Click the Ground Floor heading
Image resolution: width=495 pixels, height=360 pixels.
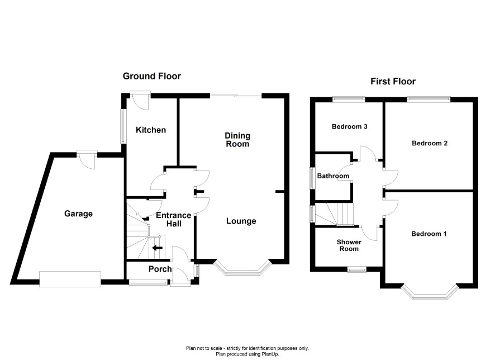(x=151, y=76)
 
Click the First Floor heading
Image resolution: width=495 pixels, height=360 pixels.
(x=393, y=82)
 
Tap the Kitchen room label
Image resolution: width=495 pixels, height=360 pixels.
(x=151, y=130)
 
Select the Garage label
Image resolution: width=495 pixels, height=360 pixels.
(x=78, y=214)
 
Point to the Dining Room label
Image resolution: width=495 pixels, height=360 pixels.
(x=237, y=140)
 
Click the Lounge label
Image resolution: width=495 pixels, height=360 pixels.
(x=241, y=221)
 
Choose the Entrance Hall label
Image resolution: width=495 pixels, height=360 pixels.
(x=174, y=220)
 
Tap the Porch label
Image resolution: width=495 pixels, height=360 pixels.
(x=160, y=269)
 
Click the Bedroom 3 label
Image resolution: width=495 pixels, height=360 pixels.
(x=350, y=127)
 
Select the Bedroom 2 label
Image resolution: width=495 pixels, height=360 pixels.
(x=430, y=143)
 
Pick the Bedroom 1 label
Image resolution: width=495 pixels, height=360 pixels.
(x=429, y=234)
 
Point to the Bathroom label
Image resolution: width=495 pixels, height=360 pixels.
(x=333, y=176)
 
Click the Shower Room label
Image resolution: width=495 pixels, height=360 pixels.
(x=349, y=245)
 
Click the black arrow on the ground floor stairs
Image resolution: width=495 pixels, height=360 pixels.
(x=157, y=248)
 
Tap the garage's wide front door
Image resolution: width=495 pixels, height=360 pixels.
(x=70, y=279)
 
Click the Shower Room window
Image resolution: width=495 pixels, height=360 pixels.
(x=357, y=269)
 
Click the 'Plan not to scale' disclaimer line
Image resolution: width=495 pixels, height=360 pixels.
(x=247, y=348)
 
